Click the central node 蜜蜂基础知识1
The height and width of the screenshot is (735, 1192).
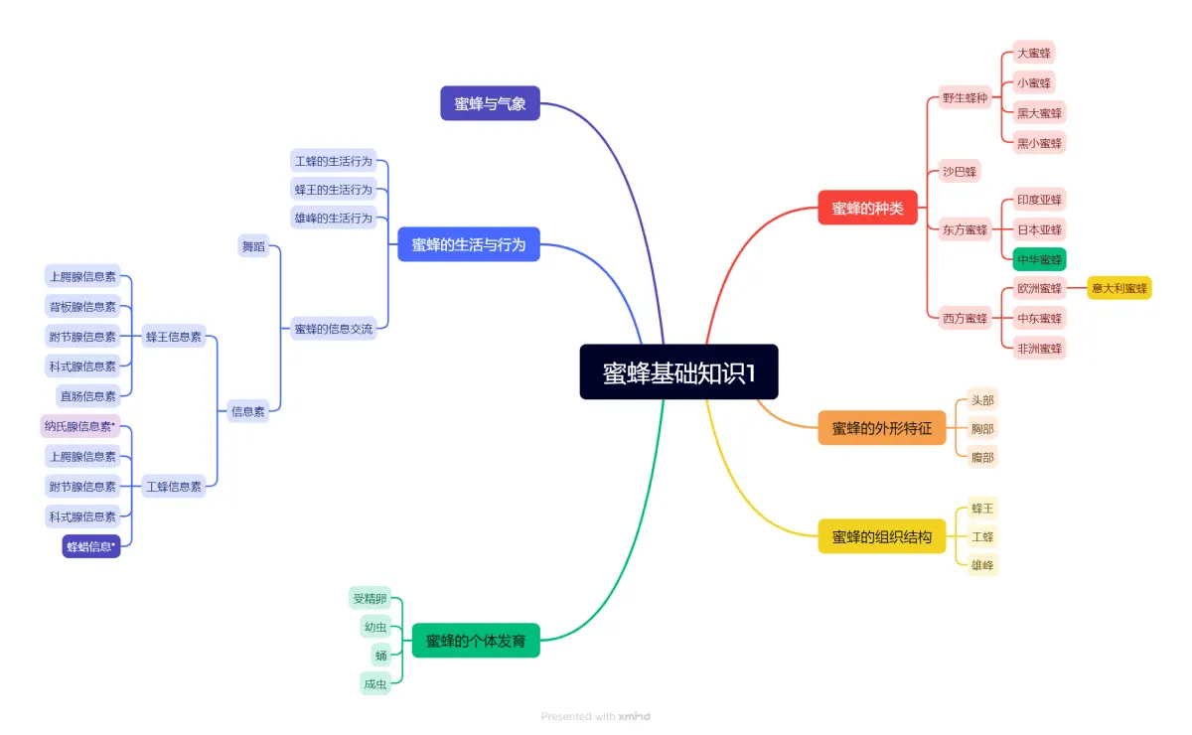click(679, 371)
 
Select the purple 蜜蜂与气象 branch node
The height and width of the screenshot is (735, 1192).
click(490, 103)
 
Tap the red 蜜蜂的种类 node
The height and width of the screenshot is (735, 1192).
click(867, 208)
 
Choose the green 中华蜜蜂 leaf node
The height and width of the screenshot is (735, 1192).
click(1039, 259)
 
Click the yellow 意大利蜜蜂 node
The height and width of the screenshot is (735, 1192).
click(1118, 288)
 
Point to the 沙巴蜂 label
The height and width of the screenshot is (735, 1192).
click(960, 171)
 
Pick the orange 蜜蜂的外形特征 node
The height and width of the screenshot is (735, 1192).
click(882, 428)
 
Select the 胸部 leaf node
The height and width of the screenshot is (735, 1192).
click(982, 429)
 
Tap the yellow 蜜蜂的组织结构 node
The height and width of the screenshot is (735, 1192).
click(882, 537)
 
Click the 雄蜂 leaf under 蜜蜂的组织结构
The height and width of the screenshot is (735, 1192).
click(982, 565)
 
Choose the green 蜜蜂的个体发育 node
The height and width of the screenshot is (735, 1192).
click(476, 641)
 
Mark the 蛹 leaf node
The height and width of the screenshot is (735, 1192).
click(381, 655)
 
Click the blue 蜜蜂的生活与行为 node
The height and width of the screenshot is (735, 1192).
click(469, 244)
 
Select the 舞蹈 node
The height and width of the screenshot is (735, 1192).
click(253, 246)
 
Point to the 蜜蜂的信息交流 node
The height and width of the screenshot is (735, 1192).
click(333, 329)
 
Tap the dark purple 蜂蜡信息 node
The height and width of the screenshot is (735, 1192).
click(90, 546)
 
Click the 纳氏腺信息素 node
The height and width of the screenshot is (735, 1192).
click(79, 426)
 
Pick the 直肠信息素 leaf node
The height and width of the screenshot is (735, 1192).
click(87, 396)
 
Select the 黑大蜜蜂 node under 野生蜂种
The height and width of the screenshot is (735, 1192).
click(1039, 113)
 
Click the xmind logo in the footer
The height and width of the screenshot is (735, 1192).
click(634, 716)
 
